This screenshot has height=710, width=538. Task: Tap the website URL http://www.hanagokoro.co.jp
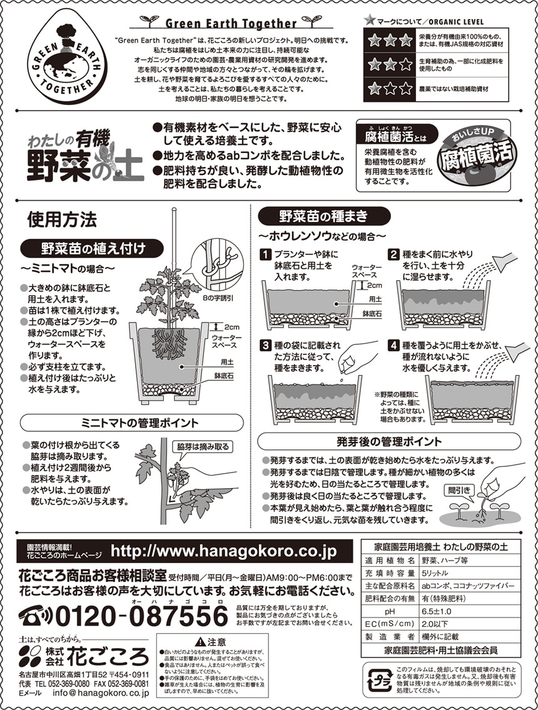tap(224, 551)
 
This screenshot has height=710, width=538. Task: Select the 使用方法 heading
tap(62, 220)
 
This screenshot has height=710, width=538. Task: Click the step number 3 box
tap(265, 346)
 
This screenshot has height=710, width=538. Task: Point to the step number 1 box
tap(265, 255)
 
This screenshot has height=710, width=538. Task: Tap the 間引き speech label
tap(459, 491)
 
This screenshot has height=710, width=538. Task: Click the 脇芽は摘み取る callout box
tap(203, 447)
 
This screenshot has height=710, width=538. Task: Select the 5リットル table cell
tap(435, 572)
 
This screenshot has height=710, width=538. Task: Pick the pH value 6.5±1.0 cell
tap(436, 611)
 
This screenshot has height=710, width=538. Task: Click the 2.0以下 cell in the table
tap(434, 624)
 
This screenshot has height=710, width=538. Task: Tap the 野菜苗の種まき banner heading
tap(324, 216)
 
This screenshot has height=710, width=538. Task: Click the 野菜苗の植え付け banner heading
tap(93, 249)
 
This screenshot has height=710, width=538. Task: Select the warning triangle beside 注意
tap(200, 642)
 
